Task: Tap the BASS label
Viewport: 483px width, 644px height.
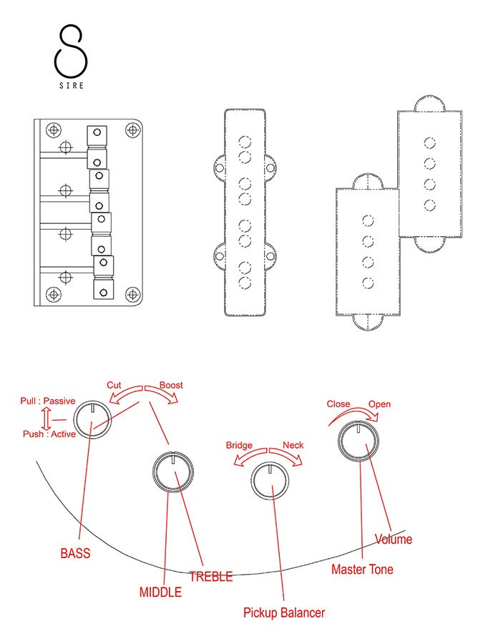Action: tap(75, 553)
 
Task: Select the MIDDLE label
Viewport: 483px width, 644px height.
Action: tap(160, 592)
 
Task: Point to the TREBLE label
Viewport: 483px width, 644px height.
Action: tap(210, 577)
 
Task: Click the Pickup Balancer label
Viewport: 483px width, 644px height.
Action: tap(284, 613)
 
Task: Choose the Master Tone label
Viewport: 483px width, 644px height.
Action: tap(362, 570)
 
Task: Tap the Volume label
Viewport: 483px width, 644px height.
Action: tap(394, 540)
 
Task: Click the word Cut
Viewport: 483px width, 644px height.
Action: tap(114, 385)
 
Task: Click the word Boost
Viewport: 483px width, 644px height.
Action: tap(171, 385)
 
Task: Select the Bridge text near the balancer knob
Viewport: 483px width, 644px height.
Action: tap(239, 445)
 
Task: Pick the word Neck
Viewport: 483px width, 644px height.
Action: tap(293, 445)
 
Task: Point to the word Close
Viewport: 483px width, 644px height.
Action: tap(338, 404)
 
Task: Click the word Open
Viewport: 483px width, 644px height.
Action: tap(380, 404)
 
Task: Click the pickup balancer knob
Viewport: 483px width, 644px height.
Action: tap(268, 481)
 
